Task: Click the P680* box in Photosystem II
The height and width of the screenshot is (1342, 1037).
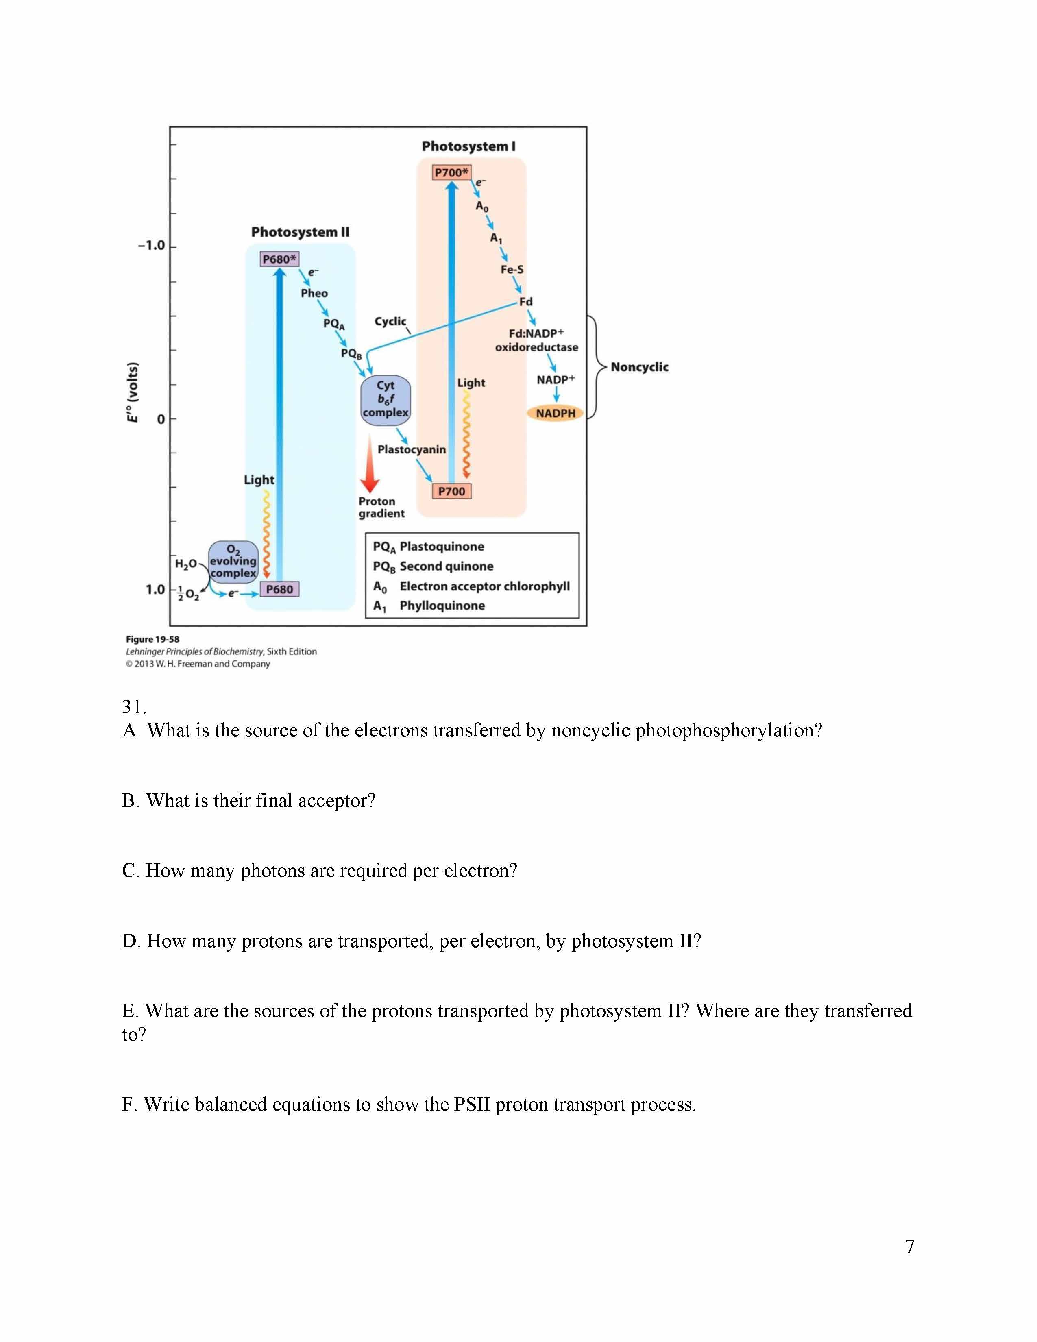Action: [x=279, y=259]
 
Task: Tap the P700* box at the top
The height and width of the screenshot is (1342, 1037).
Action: [x=451, y=173]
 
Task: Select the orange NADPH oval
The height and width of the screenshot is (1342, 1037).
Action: [x=556, y=413]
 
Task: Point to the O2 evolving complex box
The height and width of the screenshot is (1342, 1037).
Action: [x=233, y=560]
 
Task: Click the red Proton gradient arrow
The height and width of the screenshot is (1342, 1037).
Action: [x=369, y=464]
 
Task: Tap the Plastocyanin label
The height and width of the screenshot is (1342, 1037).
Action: [x=412, y=449]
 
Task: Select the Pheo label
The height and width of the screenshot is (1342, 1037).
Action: [x=314, y=293]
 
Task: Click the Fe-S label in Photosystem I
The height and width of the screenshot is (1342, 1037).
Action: [x=512, y=269]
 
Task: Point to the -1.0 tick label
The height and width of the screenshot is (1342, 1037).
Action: [x=151, y=245]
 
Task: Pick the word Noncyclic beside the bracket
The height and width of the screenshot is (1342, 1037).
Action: [x=639, y=367]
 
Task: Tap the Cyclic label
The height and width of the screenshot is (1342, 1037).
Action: [x=390, y=321]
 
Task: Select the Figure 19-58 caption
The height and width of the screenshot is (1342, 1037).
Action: [x=152, y=639]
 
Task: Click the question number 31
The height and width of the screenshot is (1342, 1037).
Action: [x=133, y=707]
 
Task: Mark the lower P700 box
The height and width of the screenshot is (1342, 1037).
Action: [x=451, y=491]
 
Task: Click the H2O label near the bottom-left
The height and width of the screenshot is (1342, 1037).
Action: [x=185, y=564]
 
